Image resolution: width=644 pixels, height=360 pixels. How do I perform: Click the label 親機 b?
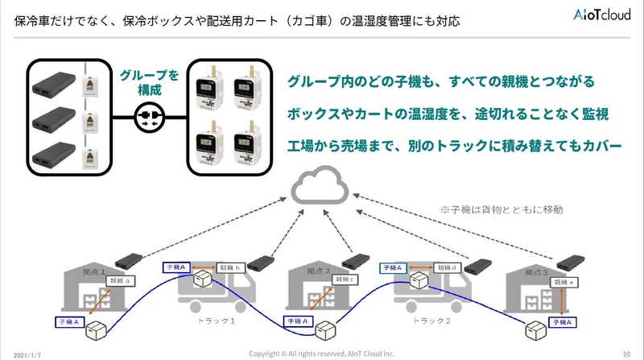click(230, 267)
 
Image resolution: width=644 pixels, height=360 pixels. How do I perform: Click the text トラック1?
click(216, 321)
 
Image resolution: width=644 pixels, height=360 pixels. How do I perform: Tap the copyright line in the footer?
click(322, 353)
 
